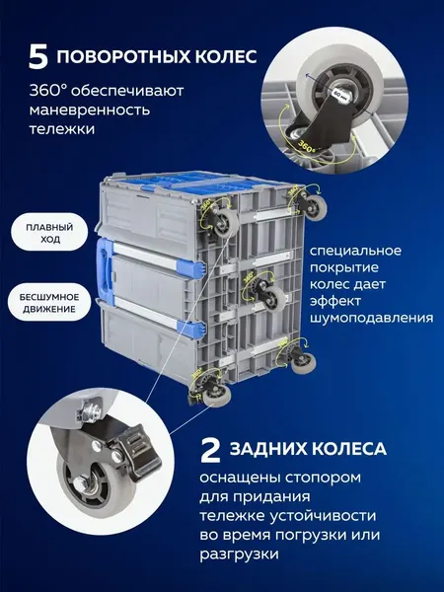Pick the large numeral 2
coord(210,450)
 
